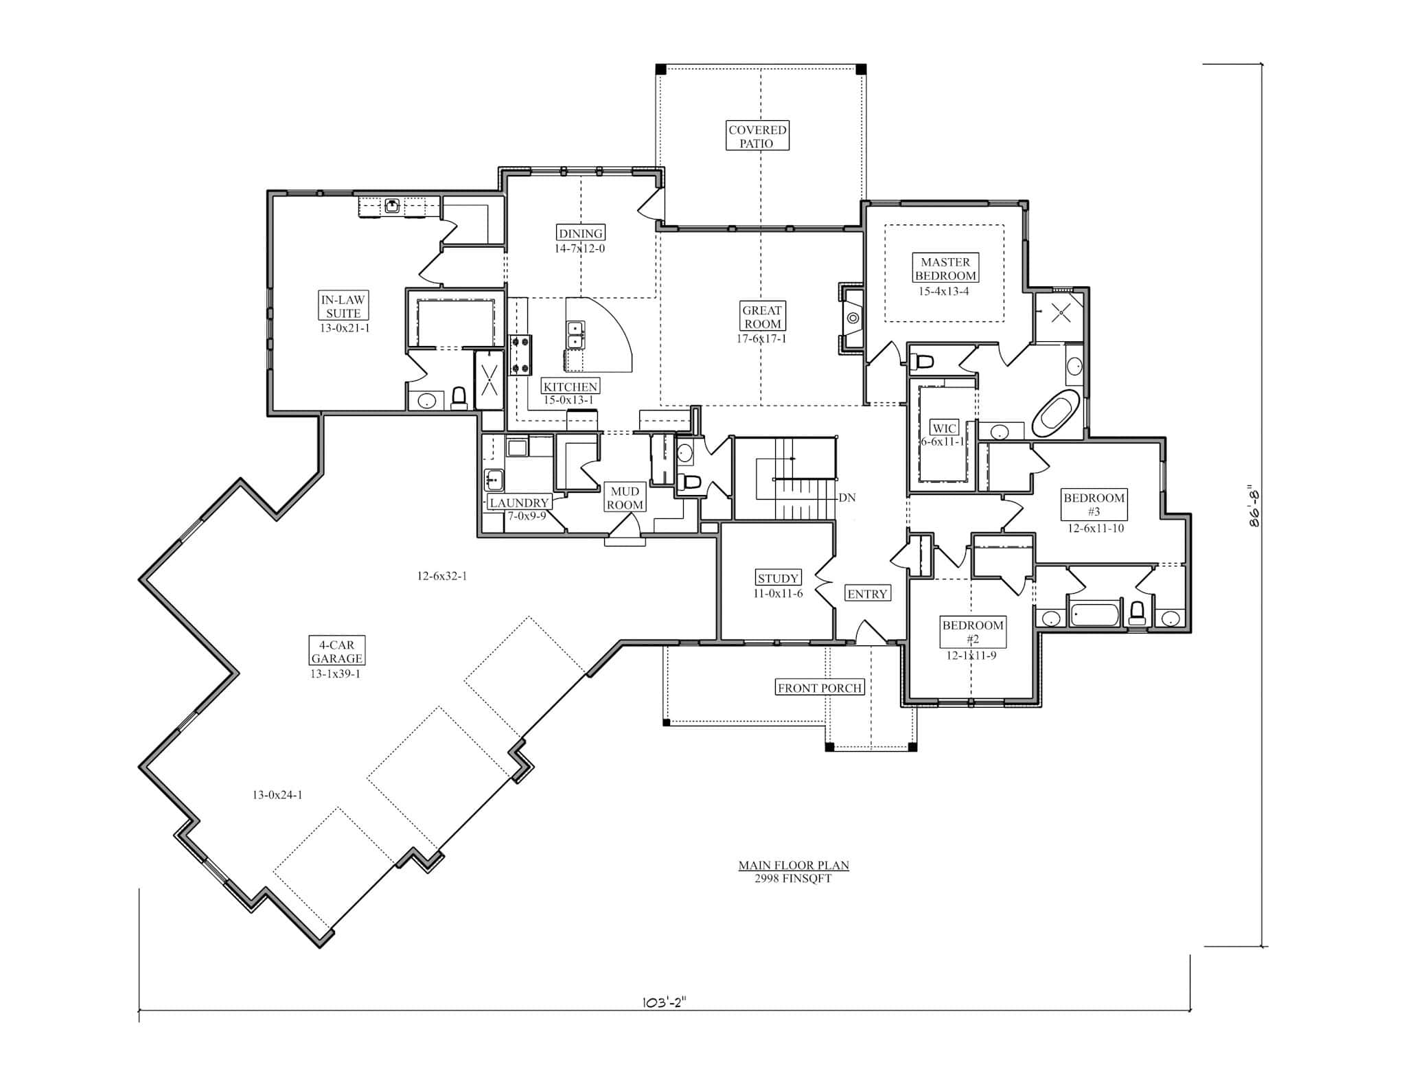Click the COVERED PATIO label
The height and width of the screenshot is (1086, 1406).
[757, 136]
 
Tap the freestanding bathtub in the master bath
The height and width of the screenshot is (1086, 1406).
[1056, 414]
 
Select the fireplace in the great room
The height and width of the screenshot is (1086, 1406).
[852, 319]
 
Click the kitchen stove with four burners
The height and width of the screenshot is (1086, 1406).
[520, 354]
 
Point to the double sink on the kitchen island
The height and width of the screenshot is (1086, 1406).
[575, 336]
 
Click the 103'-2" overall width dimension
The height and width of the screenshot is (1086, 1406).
[663, 1002]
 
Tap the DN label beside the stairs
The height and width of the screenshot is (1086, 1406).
[847, 498]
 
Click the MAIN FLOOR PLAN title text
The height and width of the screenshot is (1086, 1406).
[793, 866]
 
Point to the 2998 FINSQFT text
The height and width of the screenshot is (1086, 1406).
[793, 879]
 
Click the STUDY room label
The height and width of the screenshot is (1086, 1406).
[778, 578]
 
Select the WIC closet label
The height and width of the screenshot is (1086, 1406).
[945, 428]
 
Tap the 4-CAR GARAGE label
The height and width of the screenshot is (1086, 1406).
[336, 651]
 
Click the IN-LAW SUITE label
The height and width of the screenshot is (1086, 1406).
[343, 306]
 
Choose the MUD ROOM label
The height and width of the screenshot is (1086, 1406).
[625, 498]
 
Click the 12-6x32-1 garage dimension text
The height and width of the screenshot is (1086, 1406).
[441, 576]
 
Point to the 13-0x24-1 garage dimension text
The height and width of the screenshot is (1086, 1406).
[277, 795]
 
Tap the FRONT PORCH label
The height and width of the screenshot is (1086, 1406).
[820, 688]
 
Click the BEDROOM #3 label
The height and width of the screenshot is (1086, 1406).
[1094, 505]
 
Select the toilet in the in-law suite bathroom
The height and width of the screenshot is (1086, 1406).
[459, 398]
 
